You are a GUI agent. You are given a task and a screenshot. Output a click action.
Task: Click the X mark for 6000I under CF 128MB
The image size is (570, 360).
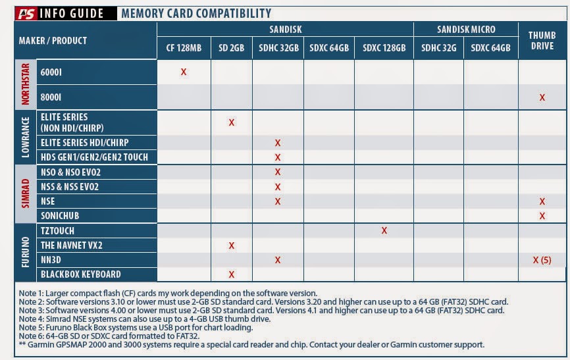(x=184, y=72)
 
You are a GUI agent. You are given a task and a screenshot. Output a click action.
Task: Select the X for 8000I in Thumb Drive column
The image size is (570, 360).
(x=542, y=97)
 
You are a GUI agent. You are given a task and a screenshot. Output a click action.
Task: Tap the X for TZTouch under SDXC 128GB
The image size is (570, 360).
(x=384, y=230)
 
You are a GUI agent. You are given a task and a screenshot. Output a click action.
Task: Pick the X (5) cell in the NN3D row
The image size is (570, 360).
(x=542, y=260)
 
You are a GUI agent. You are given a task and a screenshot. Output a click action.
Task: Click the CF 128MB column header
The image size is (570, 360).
(x=184, y=47)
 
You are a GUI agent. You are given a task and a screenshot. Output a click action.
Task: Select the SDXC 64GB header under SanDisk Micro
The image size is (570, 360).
(x=491, y=47)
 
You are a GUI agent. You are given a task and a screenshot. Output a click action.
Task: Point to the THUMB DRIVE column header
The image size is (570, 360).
(x=542, y=40)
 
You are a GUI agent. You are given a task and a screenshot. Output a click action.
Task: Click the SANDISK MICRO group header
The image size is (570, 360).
(x=465, y=29)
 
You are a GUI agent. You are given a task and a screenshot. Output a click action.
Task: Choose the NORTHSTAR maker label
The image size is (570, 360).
(x=26, y=84)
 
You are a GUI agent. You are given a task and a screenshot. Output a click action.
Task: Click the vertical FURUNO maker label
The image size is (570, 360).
(x=26, y=252)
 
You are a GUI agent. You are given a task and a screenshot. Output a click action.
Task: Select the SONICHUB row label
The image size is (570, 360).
(x=63, y=216)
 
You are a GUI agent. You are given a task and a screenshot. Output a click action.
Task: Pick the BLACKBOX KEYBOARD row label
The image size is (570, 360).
(x=80, y=274)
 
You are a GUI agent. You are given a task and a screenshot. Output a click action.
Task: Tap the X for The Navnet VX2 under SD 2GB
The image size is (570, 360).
(x=231, y=245)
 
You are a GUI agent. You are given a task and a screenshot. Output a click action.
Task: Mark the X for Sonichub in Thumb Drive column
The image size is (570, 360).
(x=542, y=216)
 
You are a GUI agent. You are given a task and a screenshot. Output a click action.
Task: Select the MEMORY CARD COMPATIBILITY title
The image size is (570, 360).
(x=196, y=13)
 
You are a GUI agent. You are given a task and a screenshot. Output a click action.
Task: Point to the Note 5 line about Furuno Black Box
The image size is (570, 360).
(x=134, y=327)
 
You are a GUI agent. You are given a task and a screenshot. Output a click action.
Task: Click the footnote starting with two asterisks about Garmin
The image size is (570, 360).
(x=251, y=344)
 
